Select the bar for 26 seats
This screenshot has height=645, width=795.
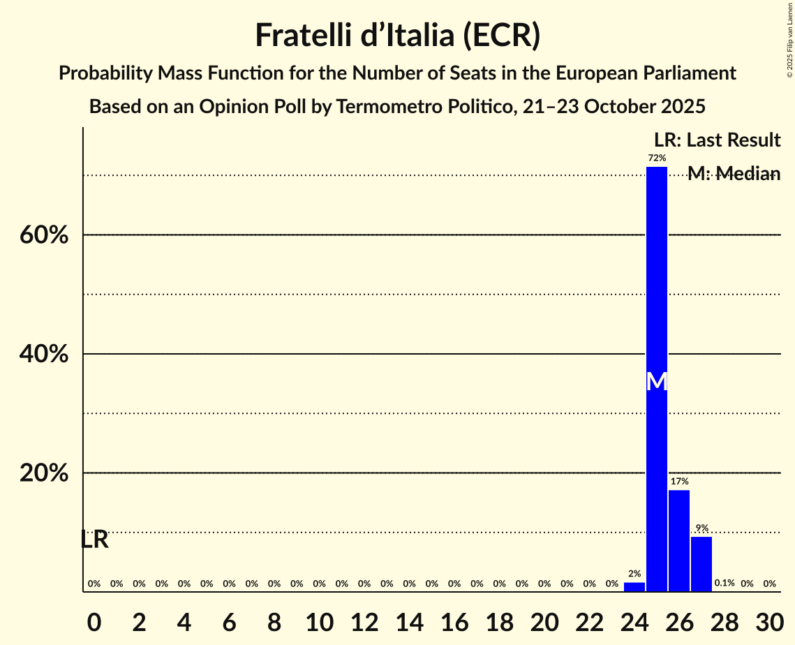[x=679, y=540]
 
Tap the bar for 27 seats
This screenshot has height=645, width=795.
[x=701, y=564]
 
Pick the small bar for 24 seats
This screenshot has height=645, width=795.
[x=634, y=587]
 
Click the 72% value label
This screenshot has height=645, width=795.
[x=657, y=158]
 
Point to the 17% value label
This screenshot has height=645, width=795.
[x=679, y=482]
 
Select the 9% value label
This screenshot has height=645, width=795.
[x=701, y=528]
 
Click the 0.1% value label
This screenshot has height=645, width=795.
[x=725, y=584]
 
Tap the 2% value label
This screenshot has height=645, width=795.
[x=634, y=574]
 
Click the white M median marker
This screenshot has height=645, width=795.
[x=657, y=381]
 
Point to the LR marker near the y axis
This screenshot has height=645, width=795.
[x=94, y=540]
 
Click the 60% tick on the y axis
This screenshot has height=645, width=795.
[x=44, y=236]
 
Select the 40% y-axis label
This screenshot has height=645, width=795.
[x=44, y=355]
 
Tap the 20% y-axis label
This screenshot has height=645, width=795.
[x=44, y=473]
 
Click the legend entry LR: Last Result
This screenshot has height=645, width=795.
[x=718, y=140]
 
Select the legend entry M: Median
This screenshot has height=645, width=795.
[x=734, y=174]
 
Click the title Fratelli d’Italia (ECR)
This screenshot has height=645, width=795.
[x=397, y=36]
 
